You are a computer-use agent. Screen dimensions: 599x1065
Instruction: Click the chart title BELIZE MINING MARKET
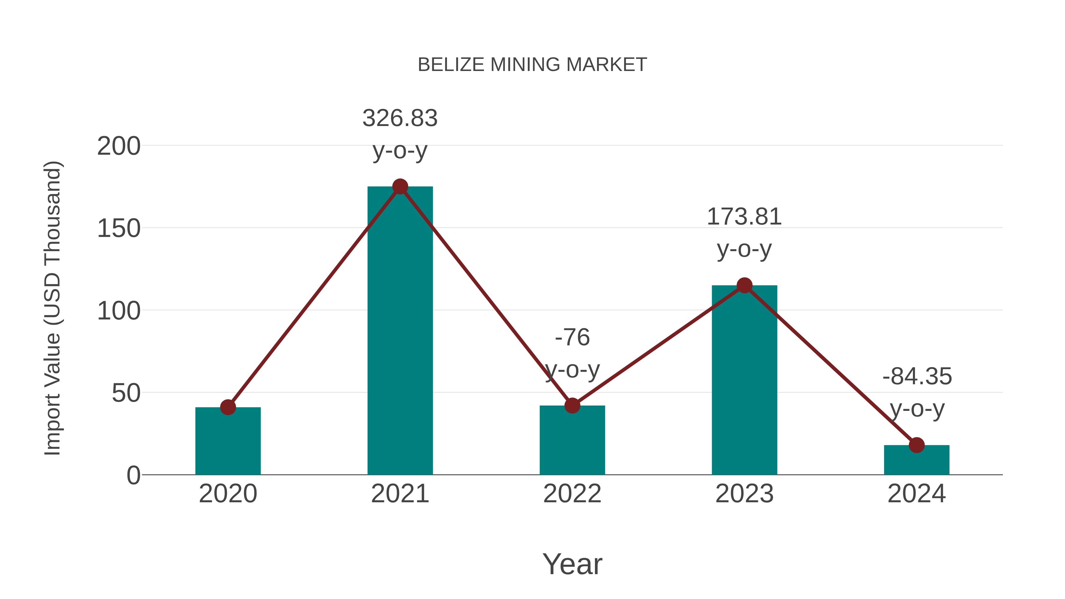coord(532,65)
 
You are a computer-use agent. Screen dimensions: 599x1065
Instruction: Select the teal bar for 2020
coord(228,444)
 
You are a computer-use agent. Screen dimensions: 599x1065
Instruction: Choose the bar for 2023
coord(744,385)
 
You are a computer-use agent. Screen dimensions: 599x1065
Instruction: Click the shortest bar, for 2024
coord(916,461)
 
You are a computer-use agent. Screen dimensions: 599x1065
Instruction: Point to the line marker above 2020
coord(228,407)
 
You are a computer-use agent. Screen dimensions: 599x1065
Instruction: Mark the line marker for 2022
coord(572,406)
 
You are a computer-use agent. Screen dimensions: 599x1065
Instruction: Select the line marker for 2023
coord(744,285)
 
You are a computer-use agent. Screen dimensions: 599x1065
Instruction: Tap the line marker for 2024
coord(916,445)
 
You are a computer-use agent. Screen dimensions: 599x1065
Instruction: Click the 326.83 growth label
coord(400,118)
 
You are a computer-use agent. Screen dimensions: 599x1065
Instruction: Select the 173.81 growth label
coord(744,217)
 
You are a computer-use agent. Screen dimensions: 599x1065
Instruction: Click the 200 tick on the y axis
coord(119,146)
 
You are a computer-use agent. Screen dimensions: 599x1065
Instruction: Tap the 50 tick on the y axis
coord(126,393)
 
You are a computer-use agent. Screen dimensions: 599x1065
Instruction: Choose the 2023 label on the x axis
coord(744,494)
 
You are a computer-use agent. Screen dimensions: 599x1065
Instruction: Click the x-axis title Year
coord(572,564)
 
